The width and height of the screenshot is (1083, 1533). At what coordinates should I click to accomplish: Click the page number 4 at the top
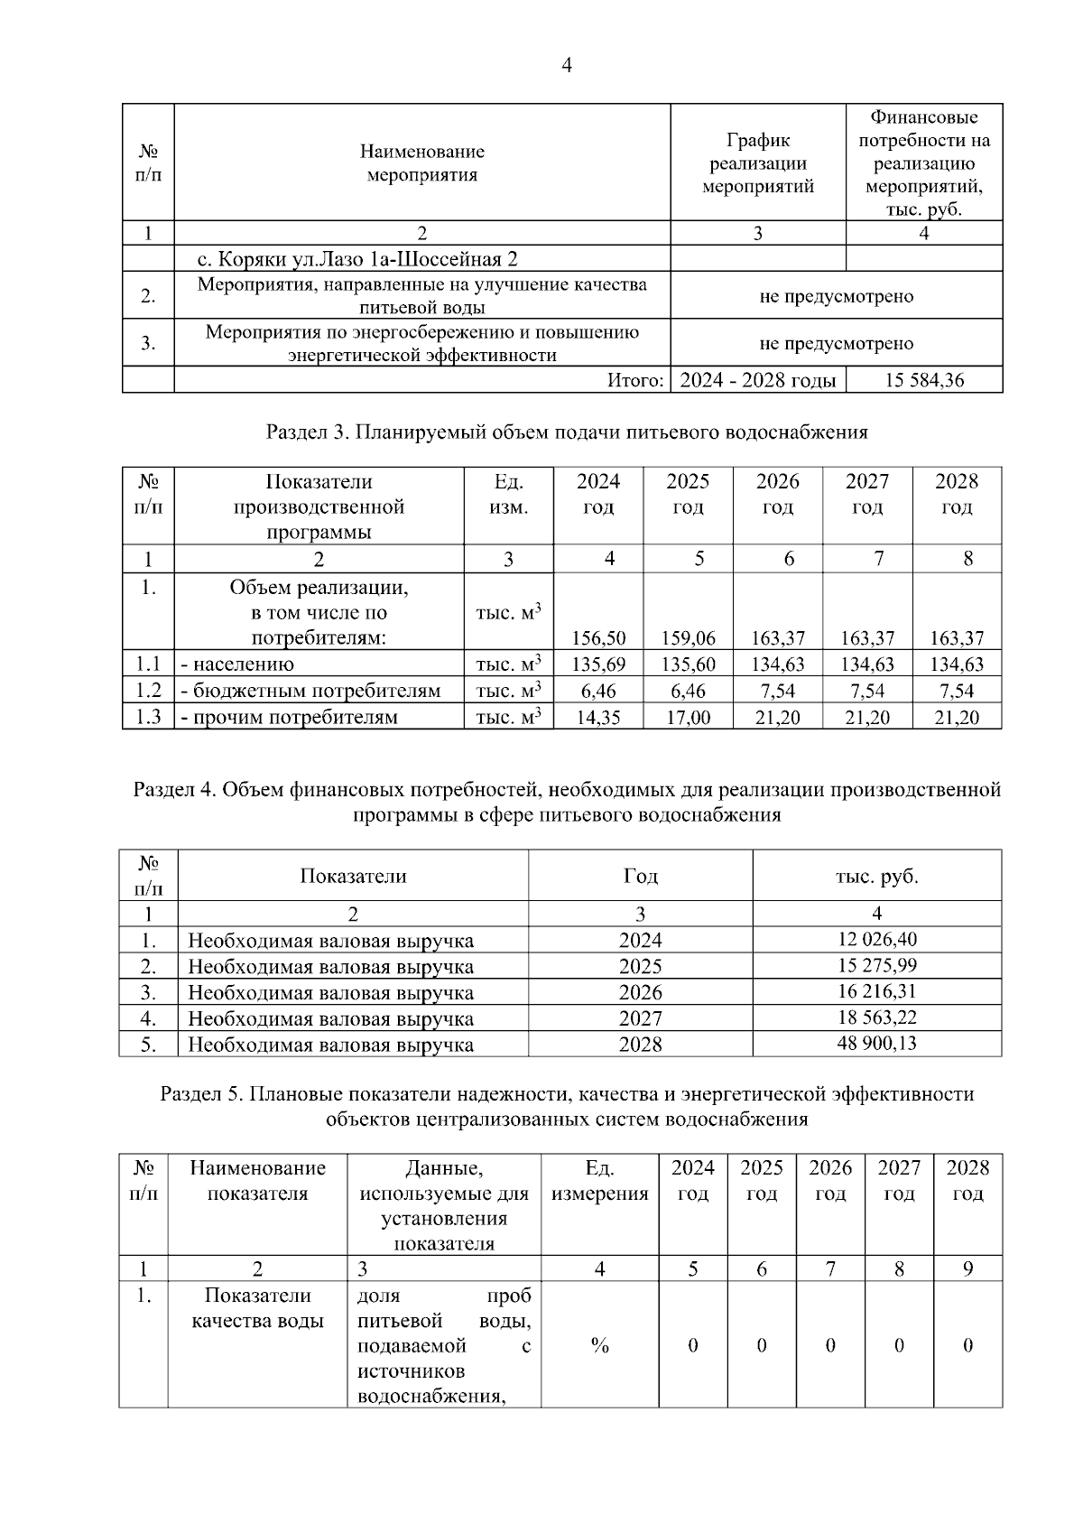[567, 66]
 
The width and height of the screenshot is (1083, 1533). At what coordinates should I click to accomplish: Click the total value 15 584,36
[924, 380]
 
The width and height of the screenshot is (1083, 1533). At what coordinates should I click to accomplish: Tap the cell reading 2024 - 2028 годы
[758, 380]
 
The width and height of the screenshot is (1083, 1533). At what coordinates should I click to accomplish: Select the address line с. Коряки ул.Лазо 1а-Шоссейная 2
[357, 260]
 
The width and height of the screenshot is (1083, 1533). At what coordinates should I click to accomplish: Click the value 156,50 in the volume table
[598, 638]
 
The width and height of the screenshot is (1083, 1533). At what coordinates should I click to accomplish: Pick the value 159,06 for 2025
[688, 638]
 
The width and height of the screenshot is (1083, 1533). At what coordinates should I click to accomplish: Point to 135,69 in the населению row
[598, 664]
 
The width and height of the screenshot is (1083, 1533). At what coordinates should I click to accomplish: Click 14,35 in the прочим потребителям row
[598, 718]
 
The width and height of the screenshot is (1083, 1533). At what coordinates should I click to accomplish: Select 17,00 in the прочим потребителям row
[688, 718]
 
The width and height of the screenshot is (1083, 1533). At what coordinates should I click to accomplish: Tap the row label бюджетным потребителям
[310, 692]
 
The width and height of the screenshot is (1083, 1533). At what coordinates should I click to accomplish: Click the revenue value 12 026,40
[877, 939]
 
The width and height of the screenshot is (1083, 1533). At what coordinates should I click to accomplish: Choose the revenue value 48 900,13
[877, 1044]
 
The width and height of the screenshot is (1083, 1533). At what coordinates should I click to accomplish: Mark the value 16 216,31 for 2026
[877, 991]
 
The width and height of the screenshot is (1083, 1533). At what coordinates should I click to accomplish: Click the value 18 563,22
[877, 1017]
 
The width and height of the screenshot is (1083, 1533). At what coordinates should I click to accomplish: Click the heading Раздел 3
[567, 432]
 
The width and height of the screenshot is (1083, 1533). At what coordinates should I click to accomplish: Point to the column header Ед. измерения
[599, 1181]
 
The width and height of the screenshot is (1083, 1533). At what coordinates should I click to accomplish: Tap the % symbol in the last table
[599, 1346]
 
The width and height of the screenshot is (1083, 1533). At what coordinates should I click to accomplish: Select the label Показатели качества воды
[257, 1308]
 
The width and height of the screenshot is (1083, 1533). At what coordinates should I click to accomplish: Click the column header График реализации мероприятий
[758, 163]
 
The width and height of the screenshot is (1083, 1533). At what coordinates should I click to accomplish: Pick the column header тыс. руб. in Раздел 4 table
[877, 876]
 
